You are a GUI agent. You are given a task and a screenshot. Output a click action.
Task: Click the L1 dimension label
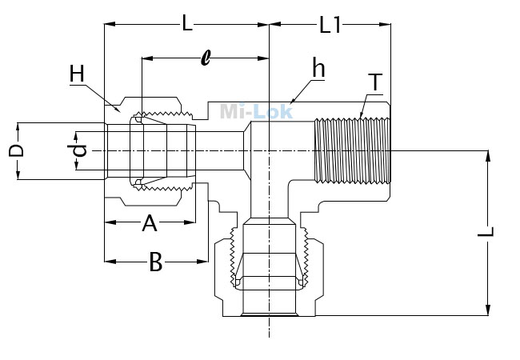tap(330, 25)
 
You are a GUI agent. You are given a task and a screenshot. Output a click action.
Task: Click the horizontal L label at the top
tap(187, 23)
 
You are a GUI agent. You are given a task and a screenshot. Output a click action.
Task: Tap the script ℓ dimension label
tap(206, 58)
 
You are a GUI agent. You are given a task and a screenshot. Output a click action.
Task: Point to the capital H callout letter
tap(77, 74)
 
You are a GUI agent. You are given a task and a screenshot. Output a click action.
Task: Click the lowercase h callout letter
tap(318, 68)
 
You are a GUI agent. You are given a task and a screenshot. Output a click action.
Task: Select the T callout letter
tap(375, 82)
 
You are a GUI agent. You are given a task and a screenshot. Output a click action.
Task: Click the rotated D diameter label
tap(16, 150)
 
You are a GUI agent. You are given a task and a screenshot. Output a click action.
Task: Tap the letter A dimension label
tap(150, 223)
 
